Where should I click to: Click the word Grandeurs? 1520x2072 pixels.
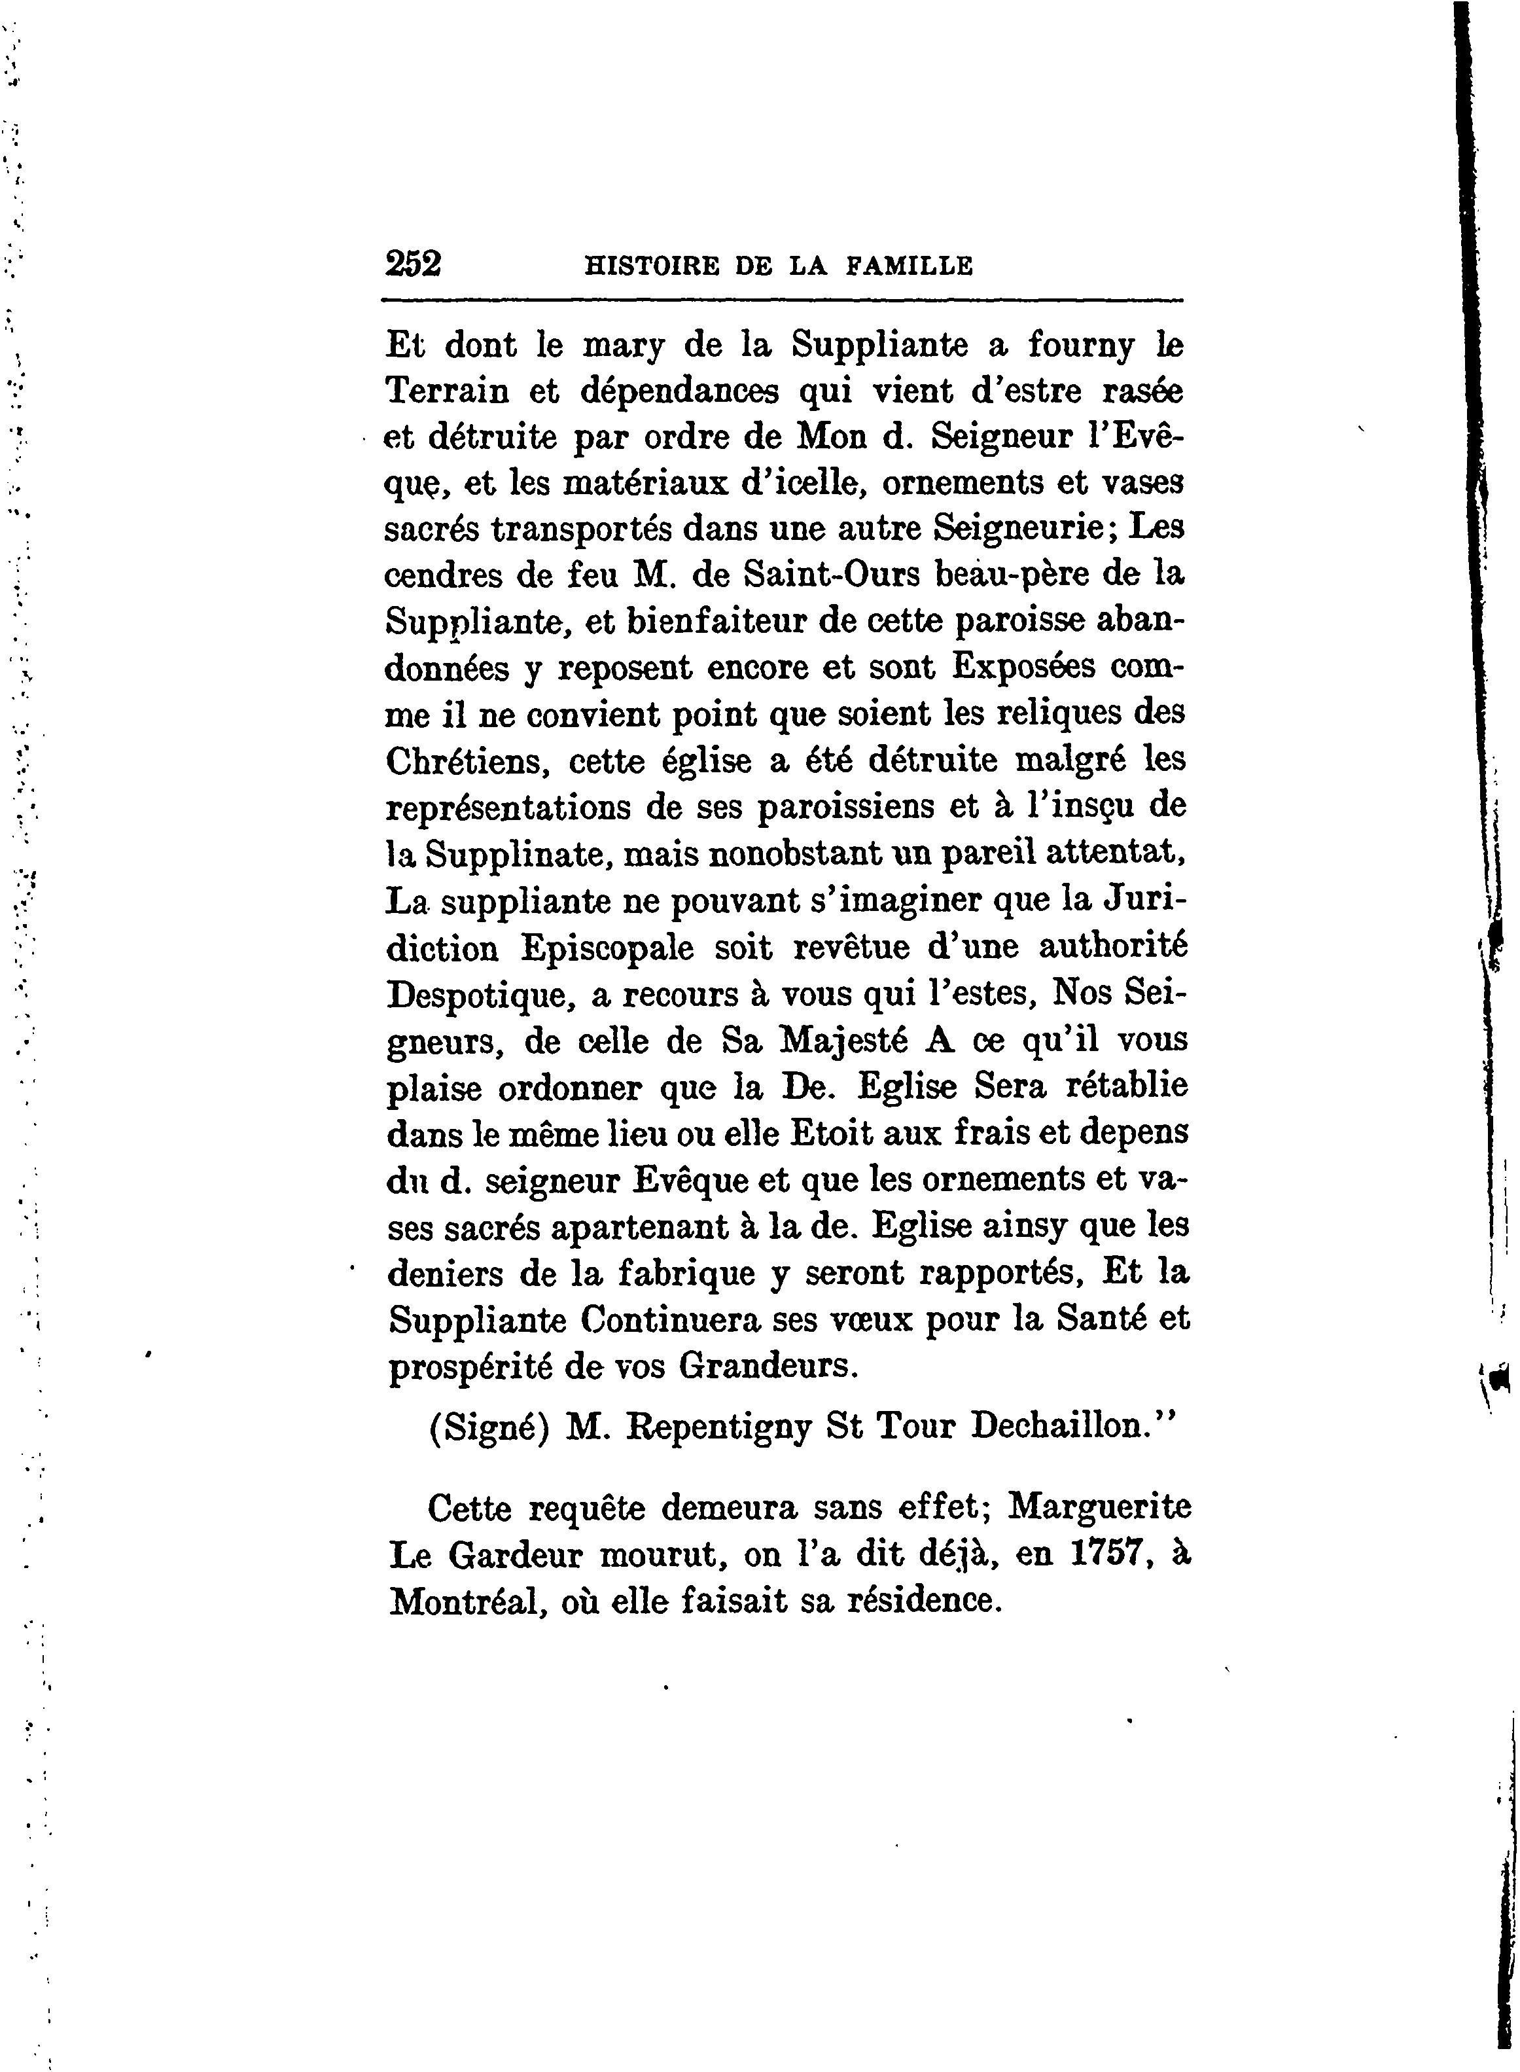(768, 1366)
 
